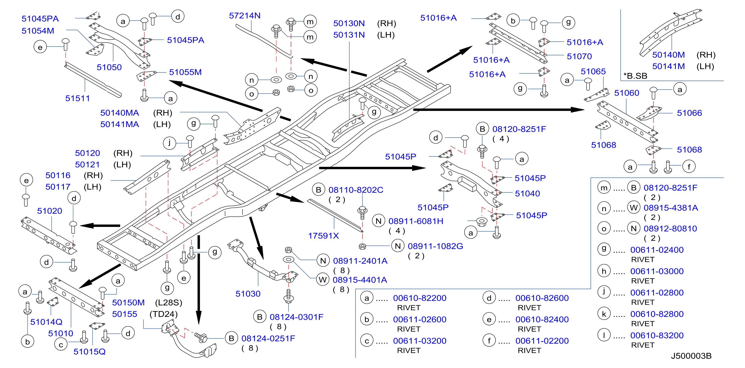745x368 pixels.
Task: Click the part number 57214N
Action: click(x=245, y=16)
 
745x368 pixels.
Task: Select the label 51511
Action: click(x=77, y=98)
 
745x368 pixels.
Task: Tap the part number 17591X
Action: click(x=323, y=236)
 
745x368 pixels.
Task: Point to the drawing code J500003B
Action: click(x=691, y=356)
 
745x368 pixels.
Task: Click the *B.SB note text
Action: click(x=635, y=76)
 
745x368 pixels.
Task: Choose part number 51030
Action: click(x=248, y=294)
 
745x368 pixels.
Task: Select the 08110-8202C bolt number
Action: click(x=356, y=190)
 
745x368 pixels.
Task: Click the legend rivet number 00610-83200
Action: click(x=657, y=336)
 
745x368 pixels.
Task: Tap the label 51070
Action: click(x=579, y=56)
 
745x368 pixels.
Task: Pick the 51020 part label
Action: click(x=49, y=211)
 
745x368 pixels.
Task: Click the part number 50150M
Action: click(x=128, y=303)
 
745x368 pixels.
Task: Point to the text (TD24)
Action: click(x=163, y=314)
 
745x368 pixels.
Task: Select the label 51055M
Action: click(x=185, y=72)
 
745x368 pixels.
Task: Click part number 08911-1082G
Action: click(x=435, y=246)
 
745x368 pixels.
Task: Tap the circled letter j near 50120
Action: click(x=170, y=143)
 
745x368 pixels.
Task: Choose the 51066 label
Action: click(x=689, y=113)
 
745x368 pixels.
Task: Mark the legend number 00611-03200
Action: click(x=420, y=341)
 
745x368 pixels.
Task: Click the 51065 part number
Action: click(x=593, y=71)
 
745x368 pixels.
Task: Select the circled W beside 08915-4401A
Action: click(x=322, y=280)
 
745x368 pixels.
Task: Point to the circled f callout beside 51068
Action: click(x=689, y=167)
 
